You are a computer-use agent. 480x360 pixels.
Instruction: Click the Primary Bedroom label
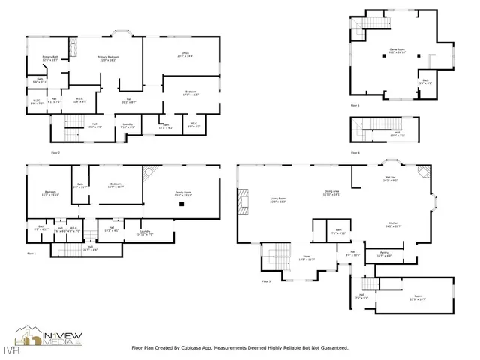point(109,58)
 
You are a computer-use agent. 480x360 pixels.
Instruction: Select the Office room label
point(184,54)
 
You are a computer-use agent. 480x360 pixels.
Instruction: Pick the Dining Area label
point(332,193)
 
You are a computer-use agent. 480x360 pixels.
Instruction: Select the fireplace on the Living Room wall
point(241,201)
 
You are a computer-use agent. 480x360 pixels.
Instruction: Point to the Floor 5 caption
point(353,106)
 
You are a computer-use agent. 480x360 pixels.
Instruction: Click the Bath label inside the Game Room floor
point(425,82)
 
